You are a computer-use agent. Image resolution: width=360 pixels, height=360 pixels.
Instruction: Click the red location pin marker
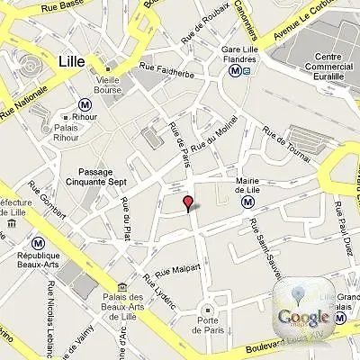(187, 203)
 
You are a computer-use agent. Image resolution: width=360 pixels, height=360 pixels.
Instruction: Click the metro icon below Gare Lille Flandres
(235, 70)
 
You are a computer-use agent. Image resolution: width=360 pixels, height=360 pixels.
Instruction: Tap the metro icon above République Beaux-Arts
(39, 243)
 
